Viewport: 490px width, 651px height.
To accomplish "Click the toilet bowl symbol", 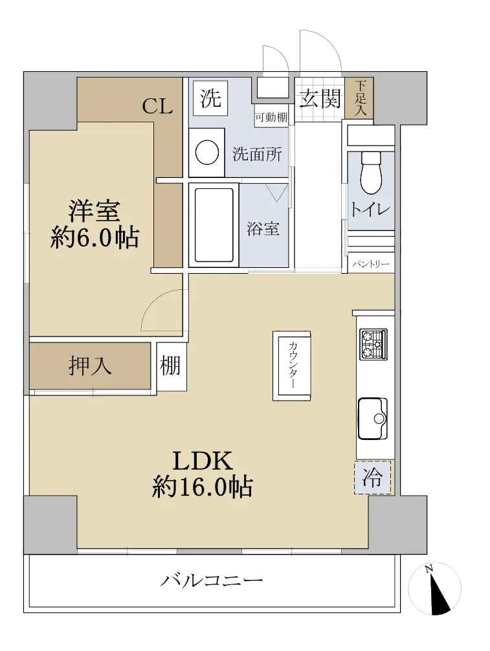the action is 370,173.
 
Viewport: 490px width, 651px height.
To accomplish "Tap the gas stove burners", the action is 373,344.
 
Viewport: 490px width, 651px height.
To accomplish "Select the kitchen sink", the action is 372,419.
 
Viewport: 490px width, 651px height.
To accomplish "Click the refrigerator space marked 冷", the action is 372,478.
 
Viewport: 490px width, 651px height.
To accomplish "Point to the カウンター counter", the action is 291,366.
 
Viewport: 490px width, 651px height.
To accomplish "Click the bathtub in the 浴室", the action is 214,225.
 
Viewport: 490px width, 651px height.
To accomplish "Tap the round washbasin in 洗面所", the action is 206,153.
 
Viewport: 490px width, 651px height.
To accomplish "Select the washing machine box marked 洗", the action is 210,98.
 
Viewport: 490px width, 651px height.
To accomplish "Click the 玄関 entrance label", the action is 320,99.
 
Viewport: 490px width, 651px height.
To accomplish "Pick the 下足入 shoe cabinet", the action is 360,98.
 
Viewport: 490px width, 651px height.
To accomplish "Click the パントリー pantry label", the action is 371,264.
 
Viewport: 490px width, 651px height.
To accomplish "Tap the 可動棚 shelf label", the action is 271,118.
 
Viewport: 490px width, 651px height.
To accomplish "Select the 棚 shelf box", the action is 170,366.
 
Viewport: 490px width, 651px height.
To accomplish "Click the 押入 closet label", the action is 90,366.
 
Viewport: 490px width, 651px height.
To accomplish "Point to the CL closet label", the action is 157,107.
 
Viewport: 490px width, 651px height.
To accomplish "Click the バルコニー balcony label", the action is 212,580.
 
